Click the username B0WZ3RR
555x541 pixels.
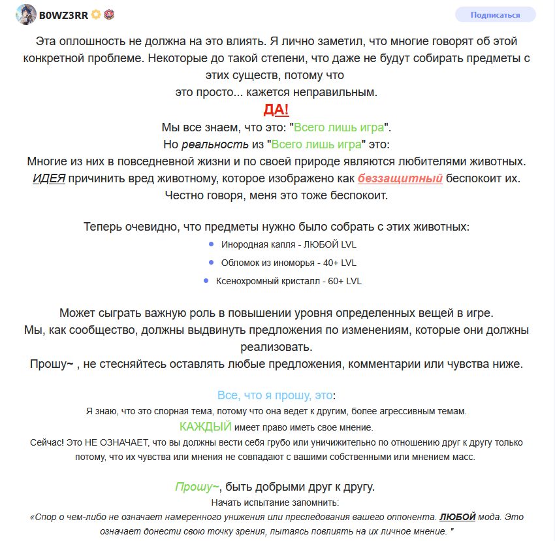point(64,14)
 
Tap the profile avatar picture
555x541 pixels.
point(26,14)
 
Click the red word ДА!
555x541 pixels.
point(276,109)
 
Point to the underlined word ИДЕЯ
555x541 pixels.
point(49,178)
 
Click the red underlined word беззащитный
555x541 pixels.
point(400,178)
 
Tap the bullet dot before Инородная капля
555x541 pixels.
point(211,244)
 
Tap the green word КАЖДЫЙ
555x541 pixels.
point(205,427)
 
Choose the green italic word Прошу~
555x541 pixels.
point(197,487)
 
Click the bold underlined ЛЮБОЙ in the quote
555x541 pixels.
point(457,516)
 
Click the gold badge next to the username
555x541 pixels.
point(97,14)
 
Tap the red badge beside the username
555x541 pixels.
point(110,14)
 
